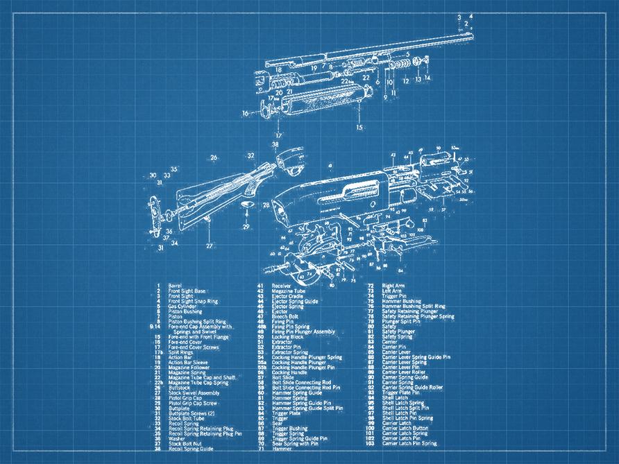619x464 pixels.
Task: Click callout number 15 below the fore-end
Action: [359, 128]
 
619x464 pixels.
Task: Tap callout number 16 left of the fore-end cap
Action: [245, 113]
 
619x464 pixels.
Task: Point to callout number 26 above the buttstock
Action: [214, 157]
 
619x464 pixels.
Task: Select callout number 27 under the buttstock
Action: [209, 246]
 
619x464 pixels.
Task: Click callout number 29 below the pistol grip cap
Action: [246, 227]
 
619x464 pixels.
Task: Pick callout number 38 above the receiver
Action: [275, 145]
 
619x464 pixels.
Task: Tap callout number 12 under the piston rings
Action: [406, 81]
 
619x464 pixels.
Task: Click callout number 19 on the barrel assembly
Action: [314, 69]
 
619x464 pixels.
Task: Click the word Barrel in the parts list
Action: [175, 286]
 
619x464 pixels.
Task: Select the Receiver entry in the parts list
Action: [281, 286]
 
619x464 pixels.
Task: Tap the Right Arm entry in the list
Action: [393, 286]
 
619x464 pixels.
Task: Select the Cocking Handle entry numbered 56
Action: [290, 372]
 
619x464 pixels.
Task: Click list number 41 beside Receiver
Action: [260, 286]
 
